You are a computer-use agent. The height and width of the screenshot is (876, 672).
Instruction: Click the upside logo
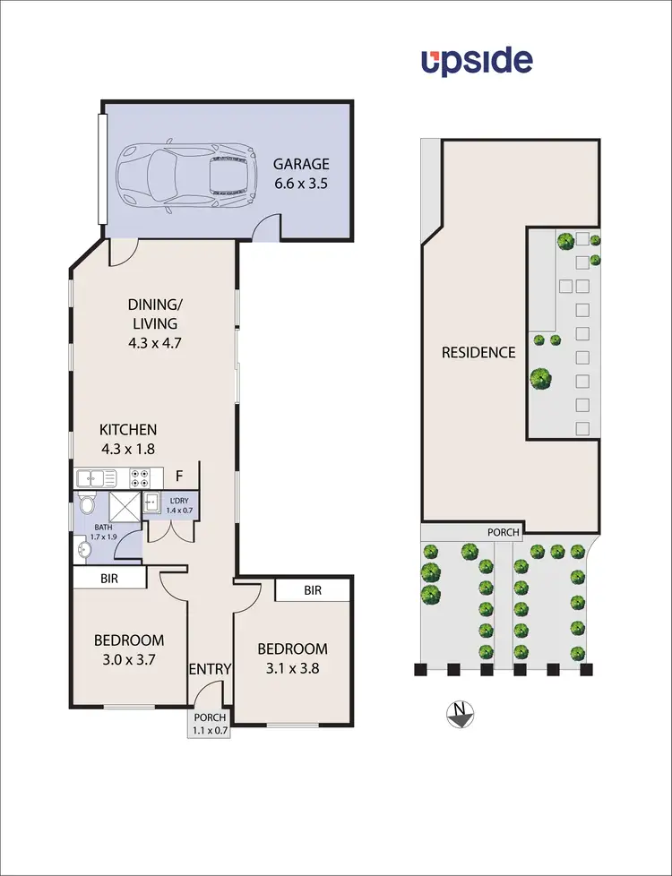(x=477, y=62)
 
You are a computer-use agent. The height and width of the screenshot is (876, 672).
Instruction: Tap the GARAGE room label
(x=301, y=164)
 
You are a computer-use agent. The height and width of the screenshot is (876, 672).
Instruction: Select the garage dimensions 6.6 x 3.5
(x=301, y=185)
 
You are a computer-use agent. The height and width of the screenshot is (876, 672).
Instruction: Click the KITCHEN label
(x=128, y=429)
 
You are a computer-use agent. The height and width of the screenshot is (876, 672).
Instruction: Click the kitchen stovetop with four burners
(x=141, y=477)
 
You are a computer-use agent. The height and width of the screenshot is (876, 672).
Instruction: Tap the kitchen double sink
(x=94, y=477)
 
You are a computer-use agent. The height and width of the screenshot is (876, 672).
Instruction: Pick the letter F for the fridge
(x=179, y=477)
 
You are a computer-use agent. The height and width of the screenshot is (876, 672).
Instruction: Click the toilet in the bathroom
(x=86, y=504)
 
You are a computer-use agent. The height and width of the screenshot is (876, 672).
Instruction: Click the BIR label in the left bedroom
(x=108, y=580)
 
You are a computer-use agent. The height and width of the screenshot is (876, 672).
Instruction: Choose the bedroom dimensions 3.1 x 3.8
(x=292, y=669)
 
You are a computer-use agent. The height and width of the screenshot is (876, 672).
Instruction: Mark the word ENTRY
(x=211, y=668)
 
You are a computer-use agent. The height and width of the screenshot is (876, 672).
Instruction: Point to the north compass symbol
(x=460, y=713)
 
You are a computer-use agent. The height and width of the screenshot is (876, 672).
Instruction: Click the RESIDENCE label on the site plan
(x=478, y=352)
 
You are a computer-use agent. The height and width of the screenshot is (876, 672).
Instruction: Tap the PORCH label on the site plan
(x=503, y=532)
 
